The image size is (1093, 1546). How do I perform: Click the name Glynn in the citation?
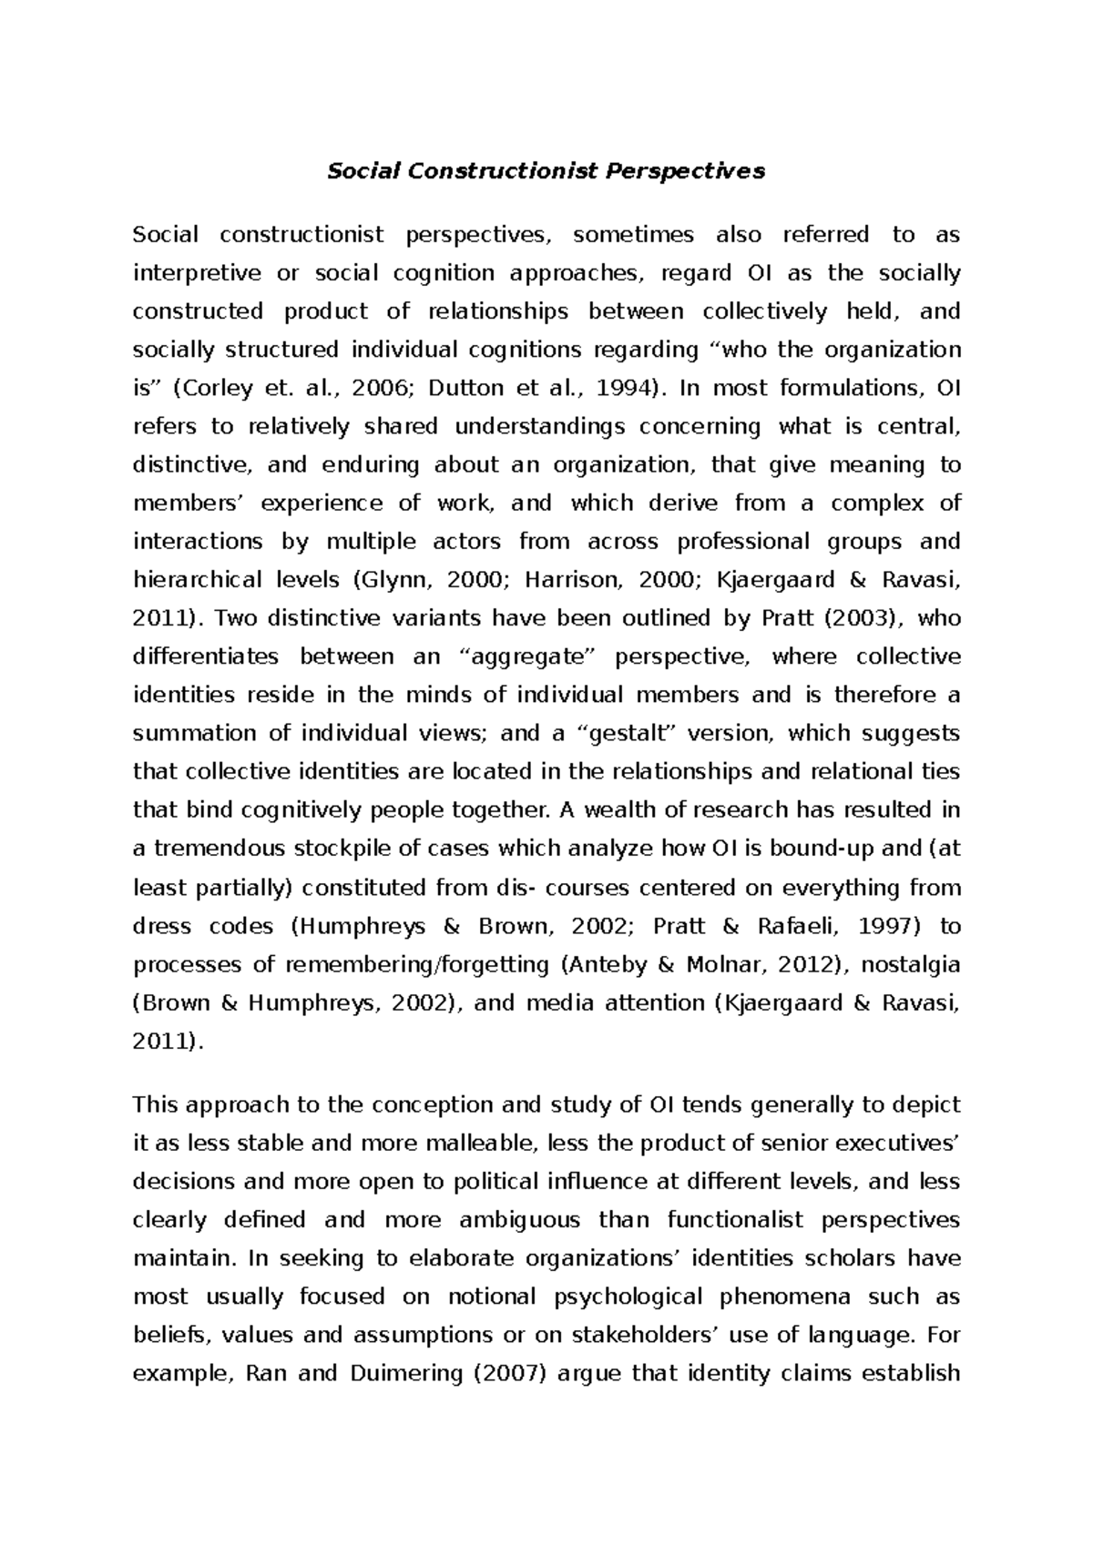pyautogui.click(x=392, y=580)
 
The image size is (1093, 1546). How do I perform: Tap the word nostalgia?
pyautogui.click(x=910, y=964)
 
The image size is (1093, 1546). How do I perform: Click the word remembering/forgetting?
pyautogui.click(x=430, y=964)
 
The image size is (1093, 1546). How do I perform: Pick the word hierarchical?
pyautogui.click(x=195, y=580)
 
